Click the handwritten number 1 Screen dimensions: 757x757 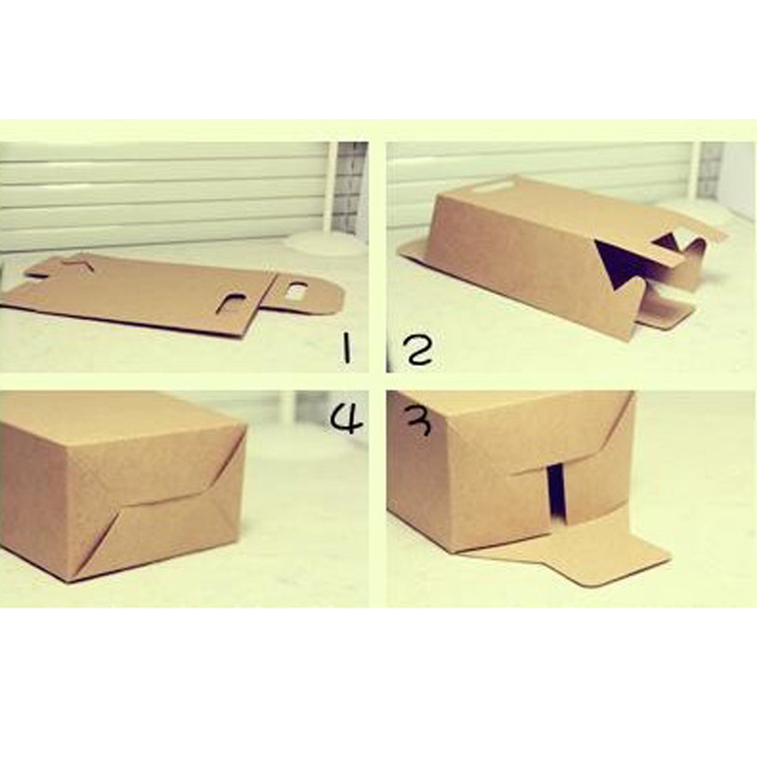point(346,349)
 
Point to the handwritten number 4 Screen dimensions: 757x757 point(346,418)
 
